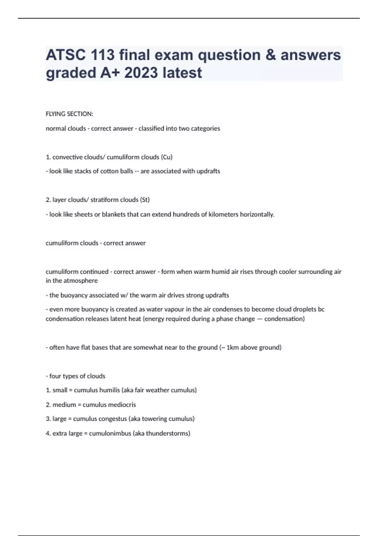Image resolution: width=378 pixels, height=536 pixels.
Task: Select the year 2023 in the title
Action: [141, 73]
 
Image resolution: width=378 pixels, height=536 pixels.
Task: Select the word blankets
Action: [113, 214]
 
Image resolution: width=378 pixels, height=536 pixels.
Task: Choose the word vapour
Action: [173, 309]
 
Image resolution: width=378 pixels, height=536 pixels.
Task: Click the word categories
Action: [205, 129]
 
